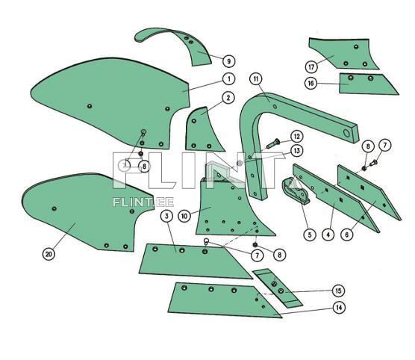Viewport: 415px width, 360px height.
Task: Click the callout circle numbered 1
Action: tap(228, 78)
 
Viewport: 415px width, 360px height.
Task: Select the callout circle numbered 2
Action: tap(228, 98)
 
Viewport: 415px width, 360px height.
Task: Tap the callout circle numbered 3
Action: tap(166, 216)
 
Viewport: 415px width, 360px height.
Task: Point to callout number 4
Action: tap(328, 235)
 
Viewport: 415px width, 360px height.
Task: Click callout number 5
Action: tap(309, 235)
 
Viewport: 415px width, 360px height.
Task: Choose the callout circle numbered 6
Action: tap(347, 235)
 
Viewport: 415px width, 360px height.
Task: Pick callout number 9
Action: tap(228, 60)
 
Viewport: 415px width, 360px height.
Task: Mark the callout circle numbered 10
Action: tap(185, 216)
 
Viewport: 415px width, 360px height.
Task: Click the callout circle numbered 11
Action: tap(255, 78)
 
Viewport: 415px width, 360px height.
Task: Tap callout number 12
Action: tap(296, 136)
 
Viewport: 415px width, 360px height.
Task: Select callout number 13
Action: tap(296, 151)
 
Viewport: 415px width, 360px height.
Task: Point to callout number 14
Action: tap(339, 307)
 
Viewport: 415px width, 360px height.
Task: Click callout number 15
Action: tap(339, 290)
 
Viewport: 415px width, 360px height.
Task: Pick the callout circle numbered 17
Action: tap(311, 65)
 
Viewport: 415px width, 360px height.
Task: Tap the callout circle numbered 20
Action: tap(49, 254)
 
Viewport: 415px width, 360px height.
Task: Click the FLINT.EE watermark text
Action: tap(134, 201)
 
